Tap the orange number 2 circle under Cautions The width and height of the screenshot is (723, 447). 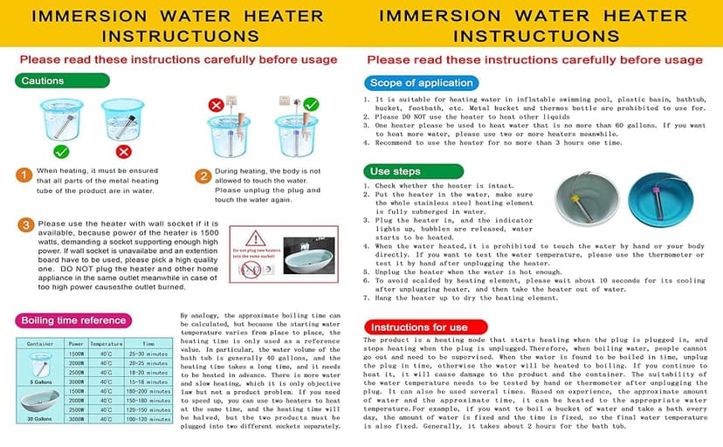coord(202,176)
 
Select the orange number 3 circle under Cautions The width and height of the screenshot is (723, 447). coord(24,224)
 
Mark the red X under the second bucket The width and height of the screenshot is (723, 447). coord(123,151)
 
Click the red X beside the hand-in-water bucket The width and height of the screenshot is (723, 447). coord(216,105)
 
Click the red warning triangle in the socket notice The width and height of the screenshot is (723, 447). coord(255,238)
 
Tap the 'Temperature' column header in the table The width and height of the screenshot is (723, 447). coord(105,344)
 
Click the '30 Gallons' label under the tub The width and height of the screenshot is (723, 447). coord(39,420)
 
